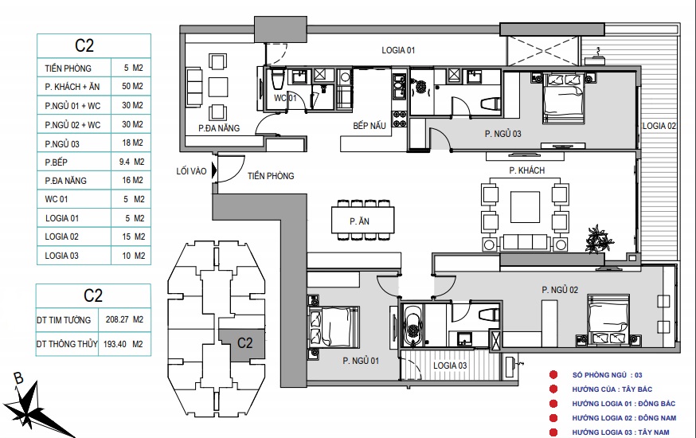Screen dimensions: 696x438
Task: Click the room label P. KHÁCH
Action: coord(526,170)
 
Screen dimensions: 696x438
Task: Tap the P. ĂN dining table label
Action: coord(359,221)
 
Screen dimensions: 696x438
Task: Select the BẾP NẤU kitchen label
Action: coord(370,126)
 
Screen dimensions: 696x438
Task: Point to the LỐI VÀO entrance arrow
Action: coord(214,170)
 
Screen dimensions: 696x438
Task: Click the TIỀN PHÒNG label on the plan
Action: coord(271,176)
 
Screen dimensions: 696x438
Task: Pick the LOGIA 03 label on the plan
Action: coord(450,366)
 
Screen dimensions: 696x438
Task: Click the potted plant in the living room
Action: coord(598,239)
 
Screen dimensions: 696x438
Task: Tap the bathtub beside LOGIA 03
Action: coord(413,325)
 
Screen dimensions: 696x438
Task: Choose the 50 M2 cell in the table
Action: coord(132,86)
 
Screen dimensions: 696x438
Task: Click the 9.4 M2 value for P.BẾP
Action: coord(131,162)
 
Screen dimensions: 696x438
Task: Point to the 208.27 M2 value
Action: coord(124,319)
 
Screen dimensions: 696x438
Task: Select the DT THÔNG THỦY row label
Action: coord(67,344)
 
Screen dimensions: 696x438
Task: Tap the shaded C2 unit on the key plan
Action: coord(242,344)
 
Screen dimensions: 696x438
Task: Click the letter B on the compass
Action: coord(18,378)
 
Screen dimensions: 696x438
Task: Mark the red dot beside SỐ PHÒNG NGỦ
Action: coord(553,375)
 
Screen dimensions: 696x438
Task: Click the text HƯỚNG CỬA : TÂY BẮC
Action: coord(612,389)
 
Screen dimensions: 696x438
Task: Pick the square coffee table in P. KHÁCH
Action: coord(525,207)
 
